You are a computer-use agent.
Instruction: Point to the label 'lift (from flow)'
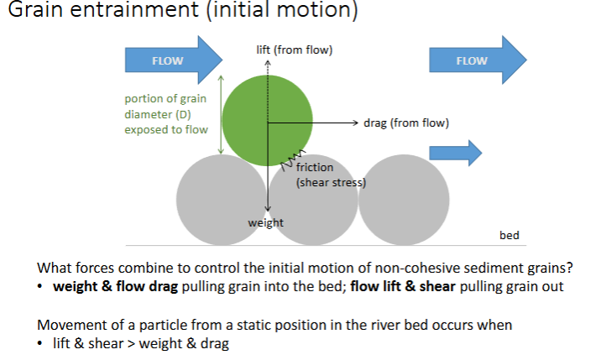[294, 50]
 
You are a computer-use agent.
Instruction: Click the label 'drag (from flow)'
[406, 123]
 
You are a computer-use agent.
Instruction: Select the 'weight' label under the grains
[266, 222]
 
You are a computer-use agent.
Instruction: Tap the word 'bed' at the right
[509, 236]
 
